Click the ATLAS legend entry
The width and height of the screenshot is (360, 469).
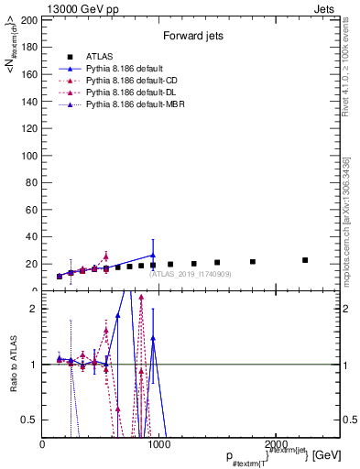99,56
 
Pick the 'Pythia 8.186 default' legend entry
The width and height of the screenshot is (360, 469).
125,69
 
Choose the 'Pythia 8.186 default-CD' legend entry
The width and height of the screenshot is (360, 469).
132,82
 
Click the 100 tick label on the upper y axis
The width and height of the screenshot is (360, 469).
31,155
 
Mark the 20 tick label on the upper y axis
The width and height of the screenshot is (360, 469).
33,264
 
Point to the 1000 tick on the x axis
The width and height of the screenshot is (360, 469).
158,444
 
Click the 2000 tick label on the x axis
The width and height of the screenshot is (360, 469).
273,444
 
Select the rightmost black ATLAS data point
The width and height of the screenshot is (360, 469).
305,260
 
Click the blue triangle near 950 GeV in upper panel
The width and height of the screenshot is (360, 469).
153,256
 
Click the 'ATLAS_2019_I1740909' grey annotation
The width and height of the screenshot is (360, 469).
189,274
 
